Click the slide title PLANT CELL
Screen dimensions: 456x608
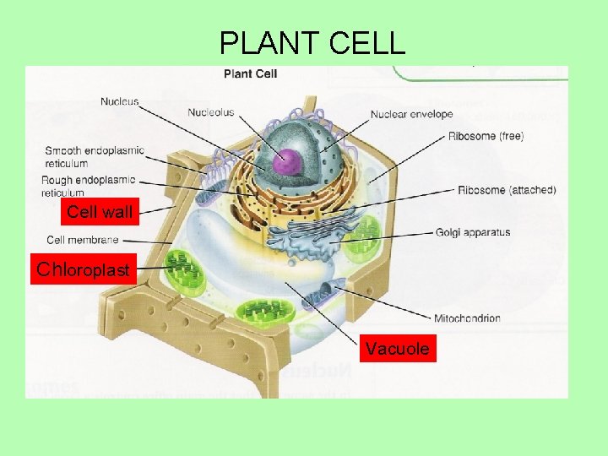[312, 43]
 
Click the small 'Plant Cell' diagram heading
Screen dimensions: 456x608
[250, 74]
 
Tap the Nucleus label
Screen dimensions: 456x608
[120, 102]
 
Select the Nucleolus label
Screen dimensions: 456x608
[211, 111]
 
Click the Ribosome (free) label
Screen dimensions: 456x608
[486, 136]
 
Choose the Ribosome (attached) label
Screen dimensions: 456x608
[507, 190]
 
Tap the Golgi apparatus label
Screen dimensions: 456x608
[473, 233]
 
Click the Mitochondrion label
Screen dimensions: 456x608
[467, 318]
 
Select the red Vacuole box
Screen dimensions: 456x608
[397, 348]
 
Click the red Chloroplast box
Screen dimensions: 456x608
[83, 270]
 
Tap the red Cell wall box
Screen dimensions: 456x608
[99, 212]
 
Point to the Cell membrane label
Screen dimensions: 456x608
[83, 240]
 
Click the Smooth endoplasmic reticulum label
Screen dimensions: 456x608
[94, 157]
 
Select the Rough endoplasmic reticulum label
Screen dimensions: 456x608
[88, 186]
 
